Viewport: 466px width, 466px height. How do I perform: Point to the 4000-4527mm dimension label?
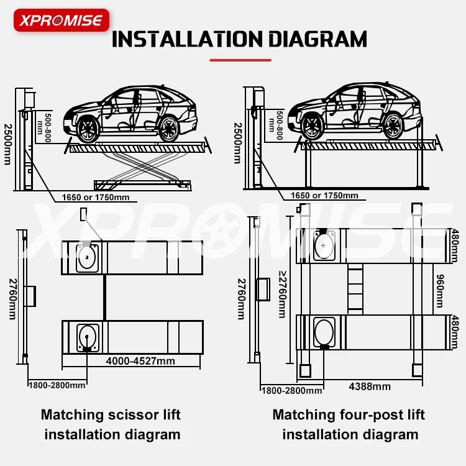click(140, 361)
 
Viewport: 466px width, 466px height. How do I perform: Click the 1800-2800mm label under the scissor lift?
click(57, 385)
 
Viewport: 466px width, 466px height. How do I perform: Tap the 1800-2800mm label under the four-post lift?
click(291, 391)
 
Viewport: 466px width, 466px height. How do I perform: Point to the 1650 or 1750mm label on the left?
click(95, 198)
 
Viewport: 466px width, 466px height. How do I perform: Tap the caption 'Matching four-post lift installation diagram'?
click(349, 424)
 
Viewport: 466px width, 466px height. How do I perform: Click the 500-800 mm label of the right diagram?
click(279, 125)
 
